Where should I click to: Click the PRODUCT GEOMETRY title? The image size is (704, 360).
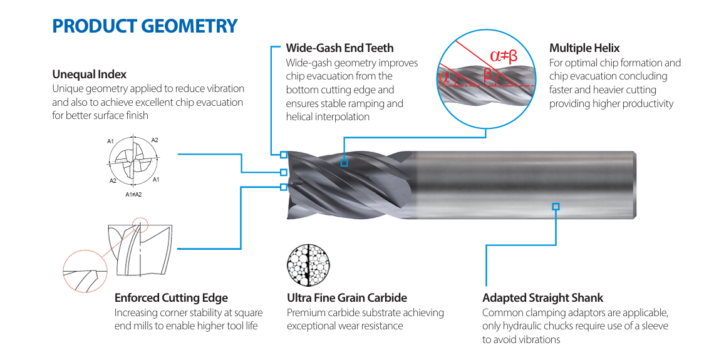(145, 26)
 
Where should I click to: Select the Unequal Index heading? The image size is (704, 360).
(90, 74)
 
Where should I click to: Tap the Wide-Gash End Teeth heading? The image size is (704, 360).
(339, 48)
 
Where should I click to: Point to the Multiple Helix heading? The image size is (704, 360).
(584, 48)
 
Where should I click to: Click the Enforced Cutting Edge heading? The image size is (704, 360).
(171, 298)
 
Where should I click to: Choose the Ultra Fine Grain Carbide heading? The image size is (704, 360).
(346, 298)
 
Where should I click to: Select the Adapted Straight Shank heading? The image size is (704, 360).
(542, 298)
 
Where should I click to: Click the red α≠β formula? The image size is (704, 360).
(504, 56)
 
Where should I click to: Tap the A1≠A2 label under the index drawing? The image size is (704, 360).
(133, 194)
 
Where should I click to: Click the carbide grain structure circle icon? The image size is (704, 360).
(308, 265)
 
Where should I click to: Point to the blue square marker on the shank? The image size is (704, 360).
(556, 207)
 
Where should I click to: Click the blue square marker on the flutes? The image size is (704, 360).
(344, 163)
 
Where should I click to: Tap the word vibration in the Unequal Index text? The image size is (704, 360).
(224, 88)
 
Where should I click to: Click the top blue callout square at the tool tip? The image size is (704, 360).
(284, 155)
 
